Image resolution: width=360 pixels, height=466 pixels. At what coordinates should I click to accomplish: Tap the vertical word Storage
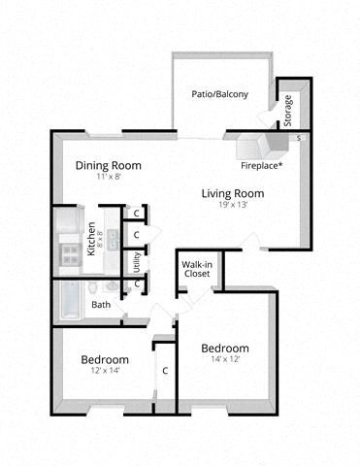[288, 109]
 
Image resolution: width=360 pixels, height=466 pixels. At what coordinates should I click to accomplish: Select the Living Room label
[232, 193]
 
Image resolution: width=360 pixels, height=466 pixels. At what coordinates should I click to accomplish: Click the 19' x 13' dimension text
[232, 206]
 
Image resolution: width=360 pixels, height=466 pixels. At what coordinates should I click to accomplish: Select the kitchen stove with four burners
[70, 255]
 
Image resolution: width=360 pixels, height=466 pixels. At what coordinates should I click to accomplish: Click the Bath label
[101, 305]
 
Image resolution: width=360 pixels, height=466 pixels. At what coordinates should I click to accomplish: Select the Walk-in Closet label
[198, 269]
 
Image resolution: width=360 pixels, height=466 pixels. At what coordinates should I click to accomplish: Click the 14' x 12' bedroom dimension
[224, 360]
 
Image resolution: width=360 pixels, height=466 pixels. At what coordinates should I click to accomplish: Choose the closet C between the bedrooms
[165, 370]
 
